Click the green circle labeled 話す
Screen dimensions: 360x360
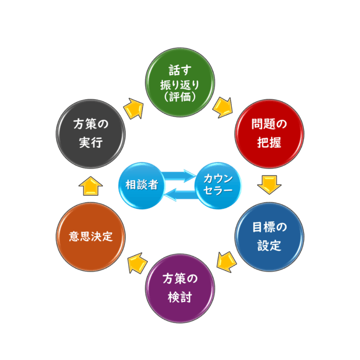click(180, 83)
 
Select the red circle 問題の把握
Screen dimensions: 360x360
click(270, 134)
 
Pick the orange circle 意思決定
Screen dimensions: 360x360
click(90, 236)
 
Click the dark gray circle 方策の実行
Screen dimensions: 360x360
click(90, 134)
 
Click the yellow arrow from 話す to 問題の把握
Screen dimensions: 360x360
click(223, 107)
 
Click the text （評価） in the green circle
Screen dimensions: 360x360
click(180, 96)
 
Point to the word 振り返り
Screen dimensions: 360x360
click(180, 84)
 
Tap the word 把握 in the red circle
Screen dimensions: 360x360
click(270, 143)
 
